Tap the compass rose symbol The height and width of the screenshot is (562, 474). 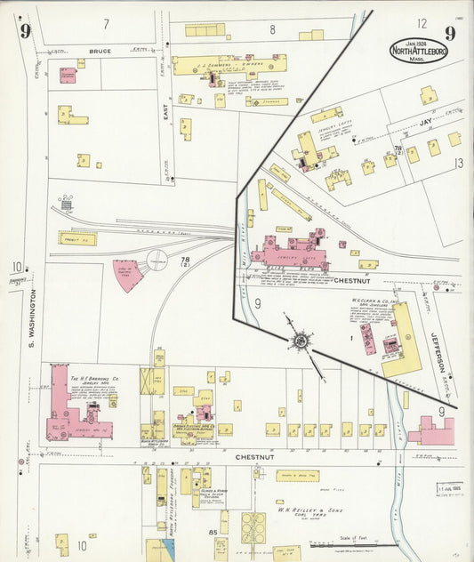(301, 339)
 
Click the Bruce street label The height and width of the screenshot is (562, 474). (100, 52)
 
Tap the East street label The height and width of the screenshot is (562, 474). (165, 110)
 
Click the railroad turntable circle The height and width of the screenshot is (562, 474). (157, 261)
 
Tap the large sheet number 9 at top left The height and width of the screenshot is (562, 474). (26, 32)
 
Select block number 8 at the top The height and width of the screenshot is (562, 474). (272, 29)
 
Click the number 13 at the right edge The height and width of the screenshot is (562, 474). (458, 163)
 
